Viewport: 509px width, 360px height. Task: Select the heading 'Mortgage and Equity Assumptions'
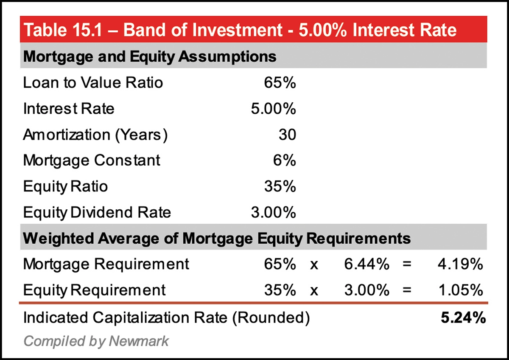coord(149,56)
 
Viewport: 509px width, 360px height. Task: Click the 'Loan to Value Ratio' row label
coord(93,82)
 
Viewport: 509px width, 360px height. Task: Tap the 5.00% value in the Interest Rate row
coord(273,109)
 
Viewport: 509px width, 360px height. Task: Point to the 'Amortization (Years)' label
coord(95,135)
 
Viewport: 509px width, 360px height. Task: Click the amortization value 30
coord(287,135)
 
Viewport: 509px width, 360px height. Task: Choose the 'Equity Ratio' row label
coord(65,186)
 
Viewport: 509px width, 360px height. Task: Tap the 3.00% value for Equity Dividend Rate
coord(273,212)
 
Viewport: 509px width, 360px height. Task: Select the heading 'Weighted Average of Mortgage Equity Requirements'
coord(217,238)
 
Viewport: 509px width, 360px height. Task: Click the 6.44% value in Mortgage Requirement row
coord(366,264)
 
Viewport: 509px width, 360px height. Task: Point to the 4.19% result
coord(460,264)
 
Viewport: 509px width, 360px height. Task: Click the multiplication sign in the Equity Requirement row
coord(314,290)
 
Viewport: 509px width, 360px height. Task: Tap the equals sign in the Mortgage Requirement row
coord(407,264)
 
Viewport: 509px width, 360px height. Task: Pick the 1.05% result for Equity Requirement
coord(460,290)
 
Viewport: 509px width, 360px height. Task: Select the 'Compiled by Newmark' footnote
coord(96,341)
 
